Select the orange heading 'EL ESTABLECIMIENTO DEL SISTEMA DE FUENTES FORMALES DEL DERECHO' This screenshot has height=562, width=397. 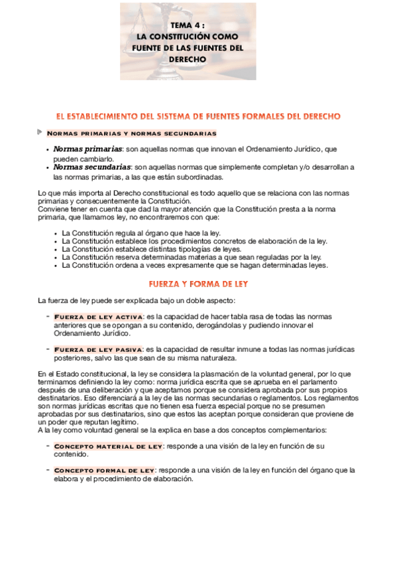click(x=198, y=116)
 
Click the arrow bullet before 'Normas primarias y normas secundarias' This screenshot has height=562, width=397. click(x=40, y=133)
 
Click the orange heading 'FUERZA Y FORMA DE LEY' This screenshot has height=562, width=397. click(x=198, y=284)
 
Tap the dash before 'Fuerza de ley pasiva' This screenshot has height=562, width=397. click(x=48, y=349)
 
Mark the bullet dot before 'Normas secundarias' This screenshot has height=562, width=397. click(x=47, y=168)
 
